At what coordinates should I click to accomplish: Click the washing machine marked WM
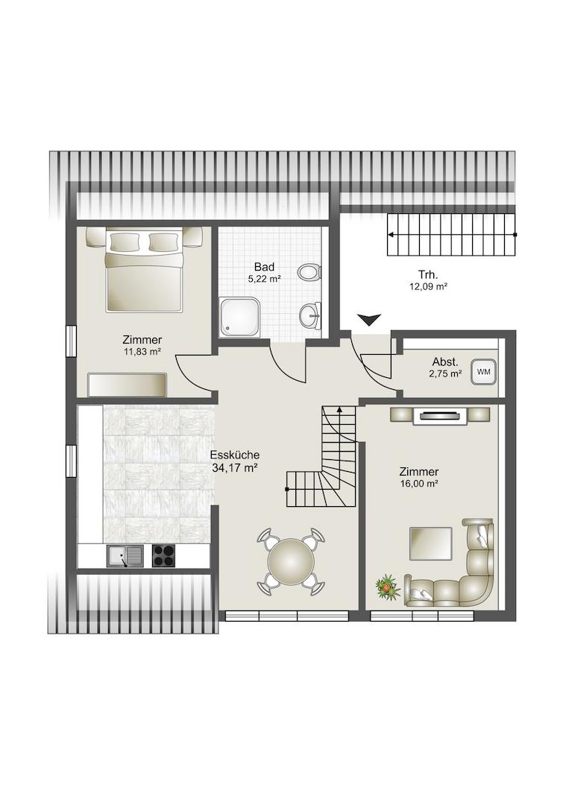coord(483,372)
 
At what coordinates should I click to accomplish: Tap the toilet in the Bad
coord(309,271)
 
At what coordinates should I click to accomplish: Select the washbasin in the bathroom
coord(309,315)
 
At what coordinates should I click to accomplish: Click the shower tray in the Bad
coord(239,317)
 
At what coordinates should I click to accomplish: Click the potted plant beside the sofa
coord(388,587)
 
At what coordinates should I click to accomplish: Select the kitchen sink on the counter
coord(125,555)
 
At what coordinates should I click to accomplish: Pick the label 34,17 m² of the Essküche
coord(234,467)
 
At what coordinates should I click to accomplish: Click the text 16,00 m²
coord(418,484)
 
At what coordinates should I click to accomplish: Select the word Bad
coord(264,267)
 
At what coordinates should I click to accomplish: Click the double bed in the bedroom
coord(145,270)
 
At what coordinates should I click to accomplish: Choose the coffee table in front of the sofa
coord(430,543)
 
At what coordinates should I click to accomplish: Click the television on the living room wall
coord(439,415)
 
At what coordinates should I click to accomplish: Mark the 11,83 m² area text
coord(142,352)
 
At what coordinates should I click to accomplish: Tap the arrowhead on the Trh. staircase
coord(392,235)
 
